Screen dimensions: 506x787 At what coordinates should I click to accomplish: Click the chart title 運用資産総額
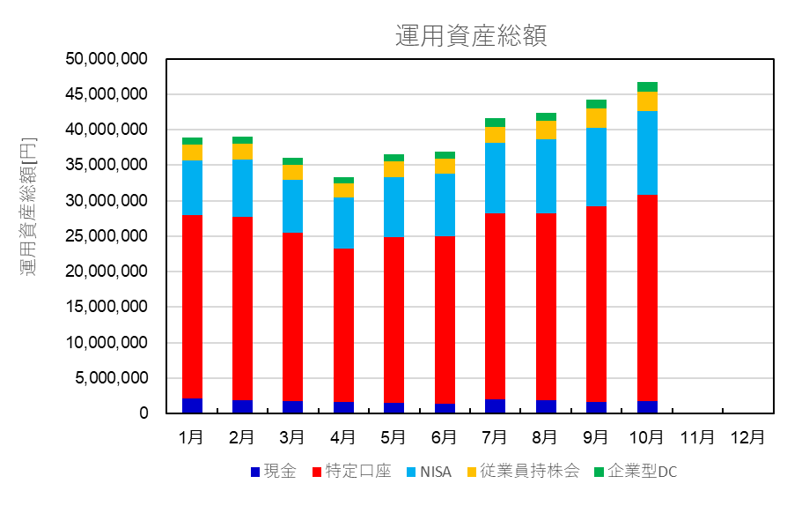[471, 35]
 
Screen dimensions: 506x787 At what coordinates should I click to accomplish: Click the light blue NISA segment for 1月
[192, 188]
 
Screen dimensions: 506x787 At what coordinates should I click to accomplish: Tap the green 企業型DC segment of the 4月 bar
[343, 180]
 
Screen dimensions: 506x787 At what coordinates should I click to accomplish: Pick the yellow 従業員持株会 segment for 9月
[597, 118]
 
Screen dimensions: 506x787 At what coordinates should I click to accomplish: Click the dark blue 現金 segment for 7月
[495, 406]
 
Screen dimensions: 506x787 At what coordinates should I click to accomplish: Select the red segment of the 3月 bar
[293, 317]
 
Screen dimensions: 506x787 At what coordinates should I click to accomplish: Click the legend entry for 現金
[274, 472]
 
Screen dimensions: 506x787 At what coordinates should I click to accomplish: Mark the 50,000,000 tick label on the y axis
[107, 59]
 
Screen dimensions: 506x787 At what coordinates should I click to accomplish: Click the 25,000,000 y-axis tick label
[107, 236]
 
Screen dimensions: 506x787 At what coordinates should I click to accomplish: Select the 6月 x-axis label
[444, 436]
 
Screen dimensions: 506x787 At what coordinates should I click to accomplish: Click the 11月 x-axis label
[697, 436]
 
